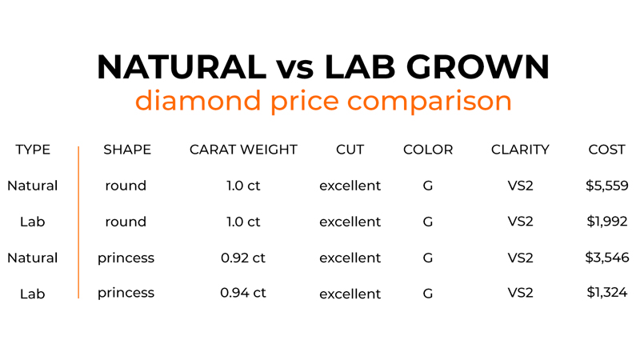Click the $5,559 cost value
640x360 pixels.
pos(607,186)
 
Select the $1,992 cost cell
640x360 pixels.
pos(607,222)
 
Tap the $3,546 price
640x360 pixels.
pos(607,258)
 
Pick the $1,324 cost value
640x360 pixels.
pos(607,292)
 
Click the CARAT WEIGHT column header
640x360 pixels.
pos(243,150)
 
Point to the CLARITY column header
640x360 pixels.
pos(520,150)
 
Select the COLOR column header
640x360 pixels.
pos(428,150)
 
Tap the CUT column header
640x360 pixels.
pos(350,150)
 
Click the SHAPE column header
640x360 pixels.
pos(127,150)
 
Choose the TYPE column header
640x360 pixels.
pos(33,150)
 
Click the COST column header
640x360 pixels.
pos(606,150)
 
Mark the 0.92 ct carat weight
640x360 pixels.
pos(243,258)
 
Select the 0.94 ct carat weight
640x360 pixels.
pos(243,293)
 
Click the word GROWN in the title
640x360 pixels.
pos(478,66)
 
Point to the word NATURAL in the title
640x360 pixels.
pos(182,66)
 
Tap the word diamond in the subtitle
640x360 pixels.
pos(198,100)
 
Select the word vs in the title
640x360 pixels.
pos(295,70)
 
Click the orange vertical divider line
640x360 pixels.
pos(78,222)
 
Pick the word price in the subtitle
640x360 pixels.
pos(305,102)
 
